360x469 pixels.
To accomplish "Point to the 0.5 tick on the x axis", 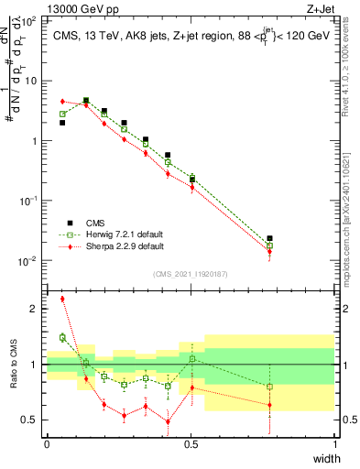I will pyautogui.click(x=191, y=443).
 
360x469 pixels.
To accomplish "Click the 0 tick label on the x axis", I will pyautogui.click(x=47, y=443).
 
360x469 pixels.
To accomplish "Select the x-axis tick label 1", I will pyautogui.click(x=335, y=443).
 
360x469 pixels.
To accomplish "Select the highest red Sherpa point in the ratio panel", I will pyautogui.click(x=62, y=299).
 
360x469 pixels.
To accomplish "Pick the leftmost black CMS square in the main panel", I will pyautogui.click(x=62, y=122).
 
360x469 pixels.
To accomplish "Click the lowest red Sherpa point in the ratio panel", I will pyautogui.click(x=168, y=422).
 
